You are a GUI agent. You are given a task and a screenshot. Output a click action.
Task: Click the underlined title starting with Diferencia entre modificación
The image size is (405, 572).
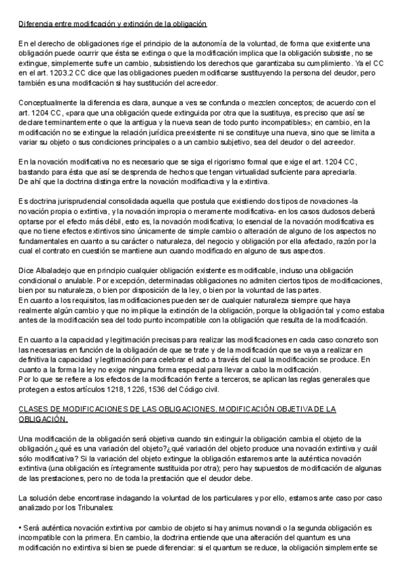112,24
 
